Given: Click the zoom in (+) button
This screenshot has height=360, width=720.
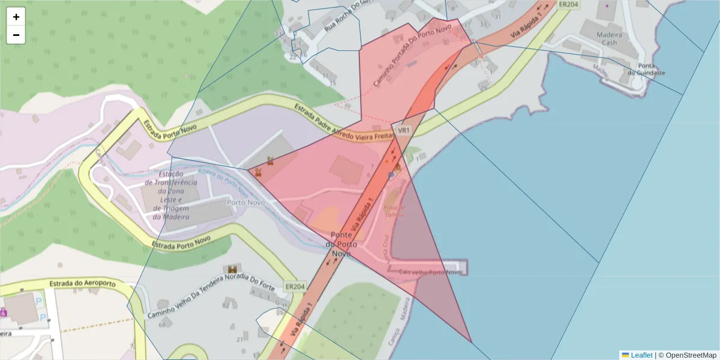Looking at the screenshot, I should (x=16, y=17).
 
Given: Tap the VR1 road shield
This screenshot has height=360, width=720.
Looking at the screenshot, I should (x=403, y=130).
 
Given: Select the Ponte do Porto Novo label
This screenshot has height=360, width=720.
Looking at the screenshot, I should (x=344, y=244).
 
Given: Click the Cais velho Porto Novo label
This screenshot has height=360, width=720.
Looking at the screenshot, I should (x=430, y=272).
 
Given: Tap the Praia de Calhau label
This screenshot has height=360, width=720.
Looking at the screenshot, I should (x=393, y=211).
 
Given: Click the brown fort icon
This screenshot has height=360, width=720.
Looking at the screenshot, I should (x=232, y=269).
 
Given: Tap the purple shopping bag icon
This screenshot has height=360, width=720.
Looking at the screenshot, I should (x=3, y=312).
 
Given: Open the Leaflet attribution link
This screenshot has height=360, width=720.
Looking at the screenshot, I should (x=641, y=355).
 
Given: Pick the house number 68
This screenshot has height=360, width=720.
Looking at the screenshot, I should (x=162, y=325).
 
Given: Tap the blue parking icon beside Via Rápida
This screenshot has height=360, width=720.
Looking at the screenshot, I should (x=391, y=175).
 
